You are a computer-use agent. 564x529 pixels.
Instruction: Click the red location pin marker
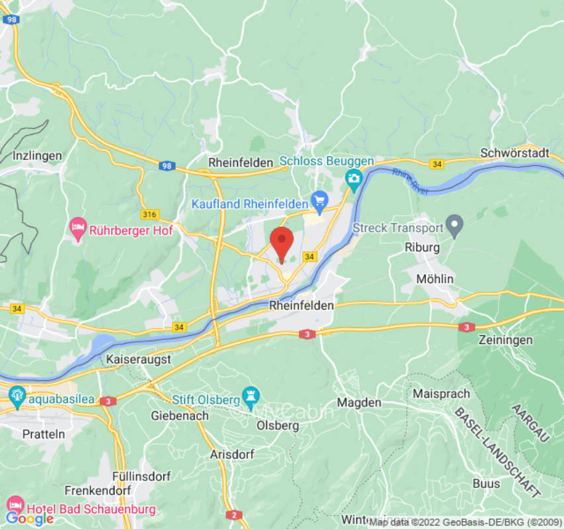pyautogui.click(x=282, y=242)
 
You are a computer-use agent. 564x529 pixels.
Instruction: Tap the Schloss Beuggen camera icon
pyautogui.click(x=354, y=178)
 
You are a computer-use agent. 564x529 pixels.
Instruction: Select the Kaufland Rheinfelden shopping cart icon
pyautogui.click(x=321, y=199)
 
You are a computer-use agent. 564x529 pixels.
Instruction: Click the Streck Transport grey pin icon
pyautogui.click(x=454, y=227)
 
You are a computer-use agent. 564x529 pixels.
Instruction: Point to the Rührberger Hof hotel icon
pyautogui.click(x=78, y=229)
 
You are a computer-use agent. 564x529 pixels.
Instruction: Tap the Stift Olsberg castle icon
pyautogui.click(x=251, y=397)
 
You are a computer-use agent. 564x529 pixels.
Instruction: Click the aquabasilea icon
pyautogui.click(x=17, y=397)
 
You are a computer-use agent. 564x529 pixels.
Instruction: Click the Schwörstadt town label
pyautogui.click(x=515, y=153)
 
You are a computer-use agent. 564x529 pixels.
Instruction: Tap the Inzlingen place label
pyautogui.click(x=37, y=155)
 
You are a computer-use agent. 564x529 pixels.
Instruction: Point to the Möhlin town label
pyautogui.click(x=434, y=279)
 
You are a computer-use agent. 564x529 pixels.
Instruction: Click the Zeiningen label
pyautogui.click(x=504, y=339)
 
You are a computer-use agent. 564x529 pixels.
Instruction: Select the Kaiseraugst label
pyautogui.click(x=139, y=359)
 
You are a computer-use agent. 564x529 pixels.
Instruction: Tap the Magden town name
pyautogui.click(x=359, y=402)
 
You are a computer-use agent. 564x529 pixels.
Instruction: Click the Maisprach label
pyautogui.click(x=441, y=393)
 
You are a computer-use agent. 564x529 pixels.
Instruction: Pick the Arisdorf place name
pyautogui.click(x=232, y=455)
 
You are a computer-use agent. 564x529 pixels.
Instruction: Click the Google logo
pyautogui.click(x=29, y=518)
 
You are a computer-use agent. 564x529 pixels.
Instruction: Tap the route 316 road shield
pyautogui.click(x=150, y=214)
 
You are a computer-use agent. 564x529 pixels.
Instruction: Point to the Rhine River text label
pyautogui.click(x=410, y=181)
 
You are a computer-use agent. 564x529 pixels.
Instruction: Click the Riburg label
pyautogui.click(x=422, y=247)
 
